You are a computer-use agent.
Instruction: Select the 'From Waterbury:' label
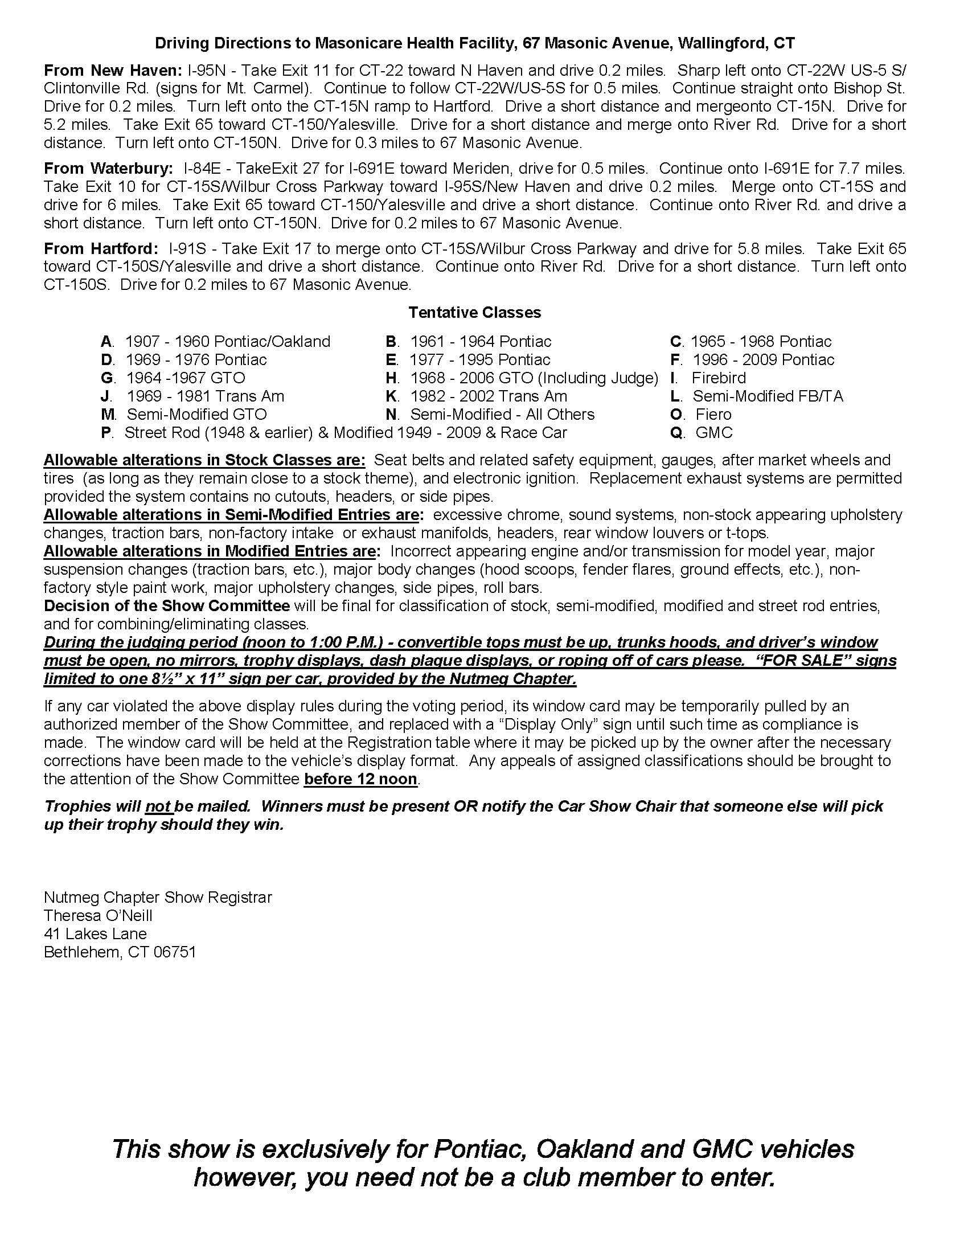click(108, 168)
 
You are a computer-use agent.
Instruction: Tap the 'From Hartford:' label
click(100, 248)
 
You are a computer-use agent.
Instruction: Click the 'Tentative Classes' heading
click(475, 312)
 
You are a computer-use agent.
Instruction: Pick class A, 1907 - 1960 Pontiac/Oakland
click(216, 341)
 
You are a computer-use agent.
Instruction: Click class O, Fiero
click(702, 414)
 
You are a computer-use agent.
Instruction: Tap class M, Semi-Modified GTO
click(184, 414)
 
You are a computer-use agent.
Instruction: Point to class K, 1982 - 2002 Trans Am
click(477, 396)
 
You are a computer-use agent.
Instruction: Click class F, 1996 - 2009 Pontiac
click(752, 360)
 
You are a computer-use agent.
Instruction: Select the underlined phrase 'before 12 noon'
click(360, 779)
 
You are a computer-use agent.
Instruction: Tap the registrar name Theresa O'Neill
click(98, 915)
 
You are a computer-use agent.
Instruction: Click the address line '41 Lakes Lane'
click(95, 933)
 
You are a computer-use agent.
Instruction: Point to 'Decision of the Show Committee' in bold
click(167, 606)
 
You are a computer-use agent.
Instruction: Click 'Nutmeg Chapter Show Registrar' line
click(158, 896)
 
